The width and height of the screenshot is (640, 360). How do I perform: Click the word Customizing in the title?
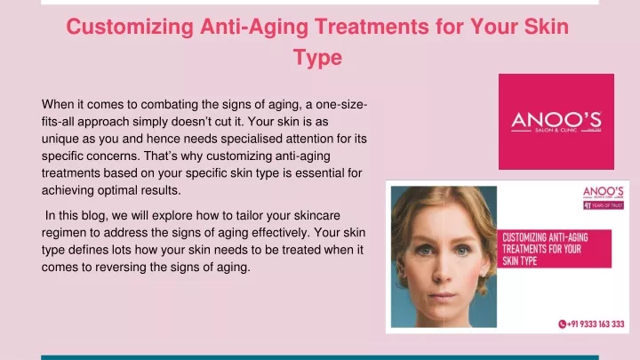pyautogui.click(x=130, y=28)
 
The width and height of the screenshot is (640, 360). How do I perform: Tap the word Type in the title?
pyautogui.click(x=317, y=58)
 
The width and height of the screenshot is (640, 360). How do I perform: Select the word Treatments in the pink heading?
pyautogui.click(x=372, y=27)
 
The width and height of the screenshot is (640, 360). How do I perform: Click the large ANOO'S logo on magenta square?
pyautogui.click(x=556, y=122)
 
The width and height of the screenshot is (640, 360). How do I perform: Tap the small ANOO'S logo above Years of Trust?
pyautogui.click(x=603, y=192)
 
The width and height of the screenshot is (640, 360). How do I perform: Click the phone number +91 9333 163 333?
pyautogui.click(x=596, y=324)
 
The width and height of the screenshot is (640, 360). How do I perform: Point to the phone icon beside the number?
pyautogui.click(x=562, y=324)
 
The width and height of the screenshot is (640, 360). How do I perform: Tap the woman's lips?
pyautogui.click(x=442, y=296)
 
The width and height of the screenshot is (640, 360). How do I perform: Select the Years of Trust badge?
pyautogui.click(x=604, y=205)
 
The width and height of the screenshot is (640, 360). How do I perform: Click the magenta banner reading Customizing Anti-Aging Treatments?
pyautogui.click(x=554, y=249)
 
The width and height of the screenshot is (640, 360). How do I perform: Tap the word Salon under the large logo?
pyautogui.click(x=542, y=130)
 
